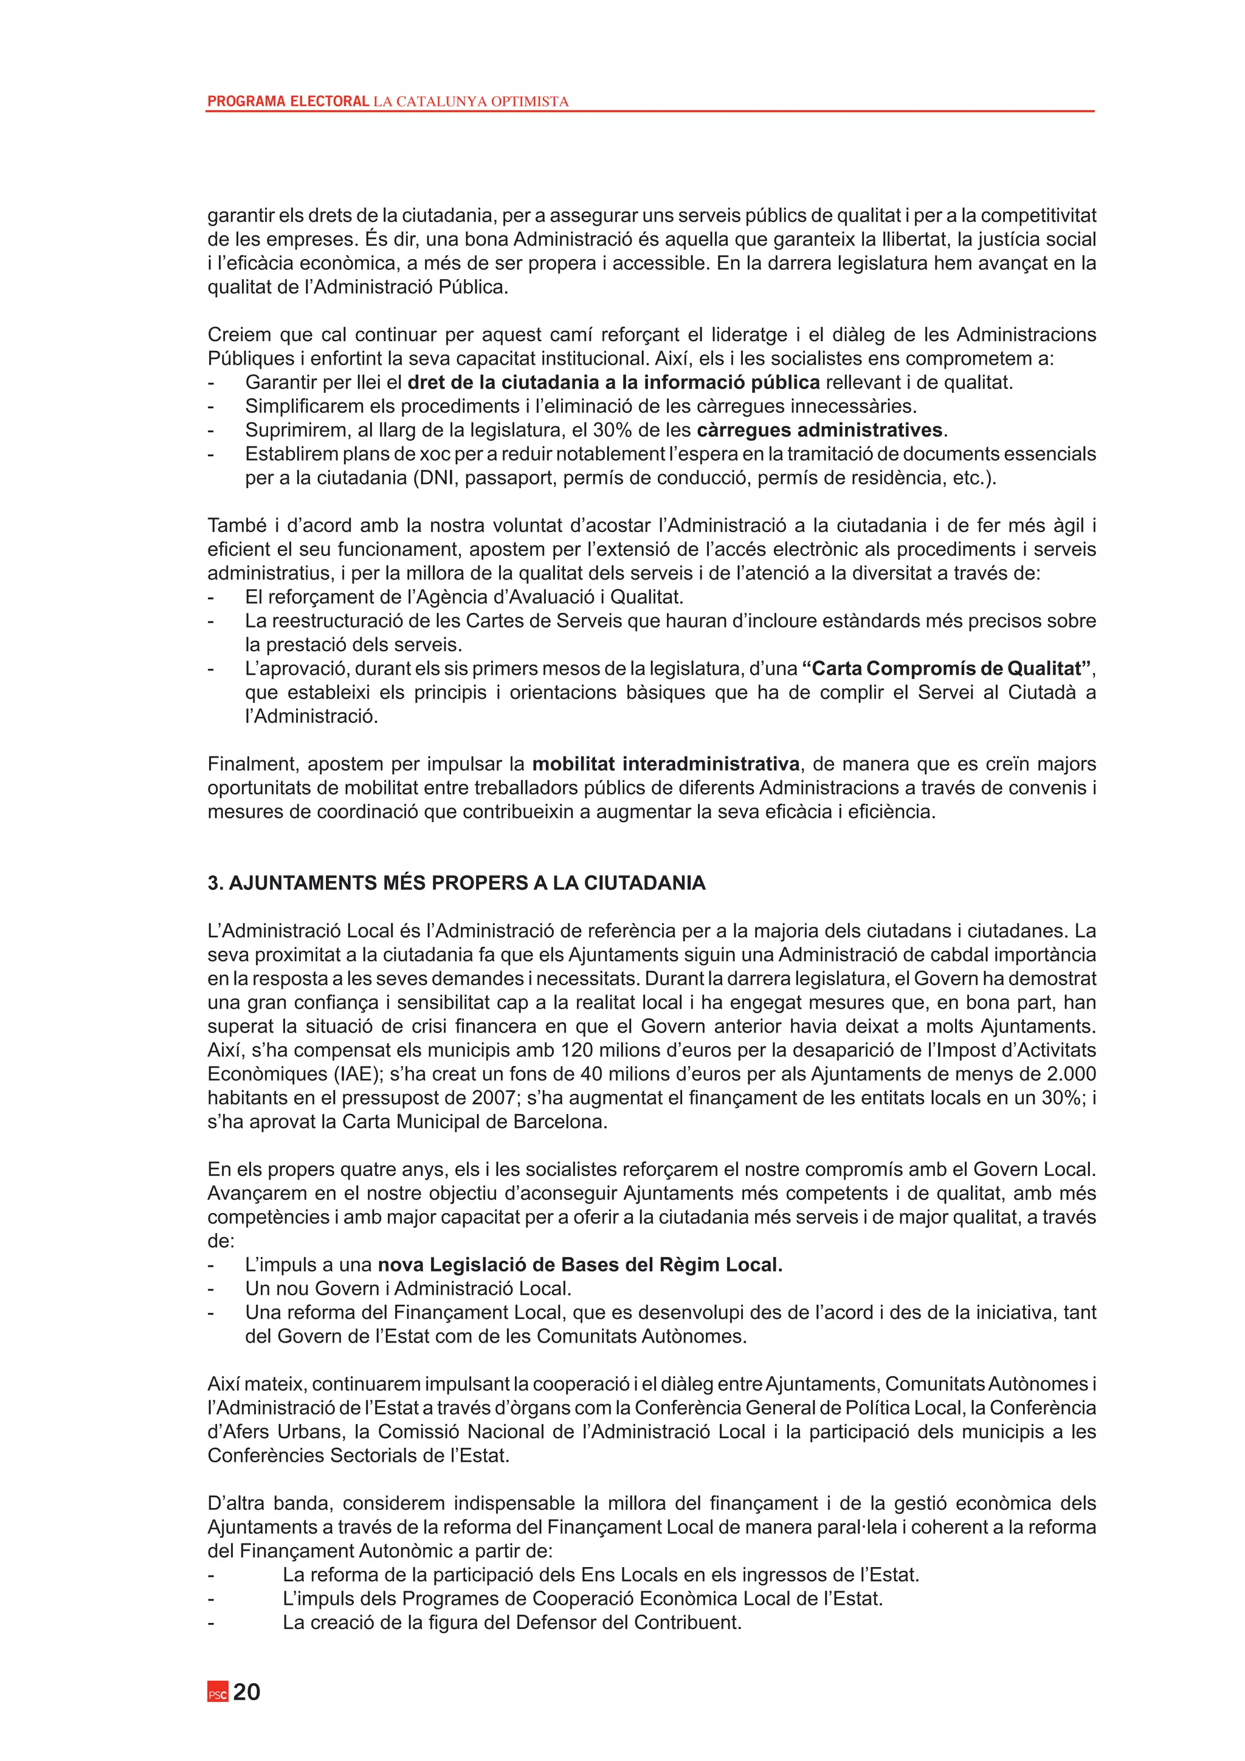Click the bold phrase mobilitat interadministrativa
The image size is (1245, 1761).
coord(666,764)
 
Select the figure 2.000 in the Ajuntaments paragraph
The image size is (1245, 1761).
coord(1071,1074)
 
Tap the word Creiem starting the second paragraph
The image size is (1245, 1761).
coord(238,334)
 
